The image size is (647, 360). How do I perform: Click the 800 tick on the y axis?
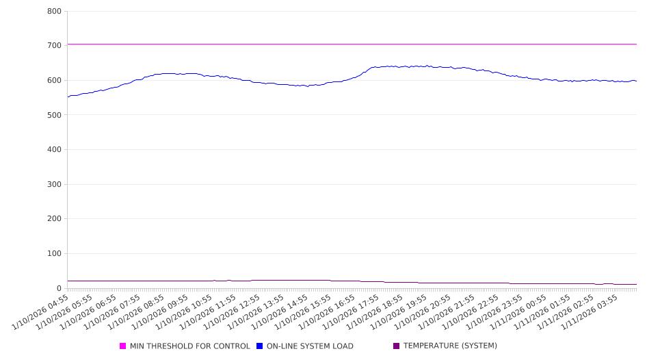(x=54, y=12)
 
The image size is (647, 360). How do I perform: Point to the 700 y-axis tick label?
(x=54, y=46)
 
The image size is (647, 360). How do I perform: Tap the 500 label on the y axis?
(x=54, y=115)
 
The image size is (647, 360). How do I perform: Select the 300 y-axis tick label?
(x=54, y=185)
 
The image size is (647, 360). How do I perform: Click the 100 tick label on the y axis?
(x=54, y=254)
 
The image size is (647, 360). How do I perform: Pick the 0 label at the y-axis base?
(x=59, y=289)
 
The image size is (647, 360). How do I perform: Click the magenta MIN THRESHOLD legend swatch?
(x=123, y=346)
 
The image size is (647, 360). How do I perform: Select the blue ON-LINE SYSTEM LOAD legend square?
(x=259, y=346)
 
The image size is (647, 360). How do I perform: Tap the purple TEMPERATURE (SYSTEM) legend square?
(x=396, y=346)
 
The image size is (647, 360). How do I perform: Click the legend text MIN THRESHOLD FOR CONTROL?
(x=189, y=346)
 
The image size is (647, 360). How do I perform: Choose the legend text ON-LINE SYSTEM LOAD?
(x=310, y=346)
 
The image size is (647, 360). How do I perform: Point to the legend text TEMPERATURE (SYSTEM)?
(x=450, y=346)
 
